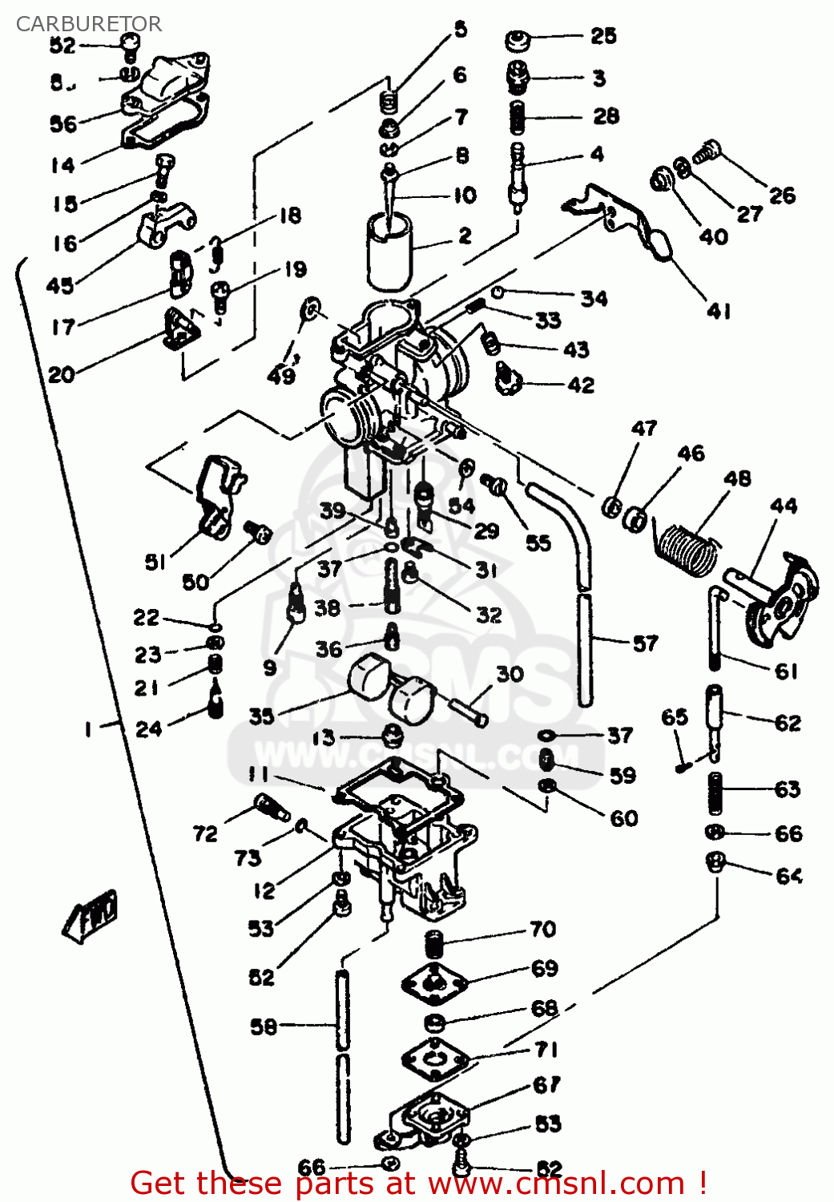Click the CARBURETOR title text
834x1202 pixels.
coord(88,24)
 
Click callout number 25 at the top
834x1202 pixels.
coord(603,36)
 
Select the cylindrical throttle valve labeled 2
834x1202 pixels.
coord(389,250)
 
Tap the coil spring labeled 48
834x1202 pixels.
coord(686,547)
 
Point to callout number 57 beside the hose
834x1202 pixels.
coord(645,643)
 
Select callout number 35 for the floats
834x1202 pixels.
coord(261,716)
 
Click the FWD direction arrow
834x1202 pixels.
coord(91,915)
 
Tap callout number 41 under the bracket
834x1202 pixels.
coord(719,311)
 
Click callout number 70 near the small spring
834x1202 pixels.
coord(542,929)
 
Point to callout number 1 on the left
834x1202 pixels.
coord(88,728)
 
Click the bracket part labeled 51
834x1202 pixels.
coord(216,497)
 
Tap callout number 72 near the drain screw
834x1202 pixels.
coord(205,833)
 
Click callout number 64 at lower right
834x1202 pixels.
coord(788,875)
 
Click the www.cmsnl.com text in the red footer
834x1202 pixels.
coord(555,1183)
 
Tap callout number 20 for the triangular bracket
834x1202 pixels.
coord(61,374)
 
